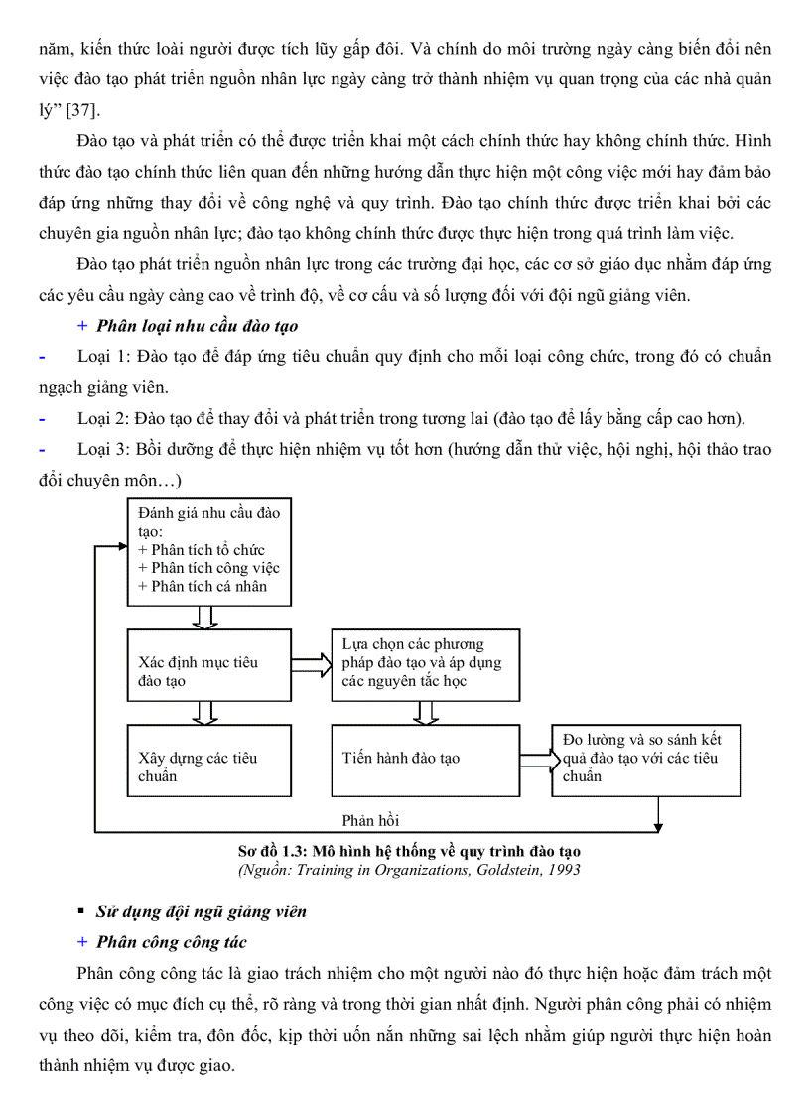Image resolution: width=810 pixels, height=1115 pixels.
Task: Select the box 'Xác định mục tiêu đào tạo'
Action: coord(208,664)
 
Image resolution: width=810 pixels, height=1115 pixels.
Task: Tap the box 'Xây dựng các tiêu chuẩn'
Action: coord(208,761)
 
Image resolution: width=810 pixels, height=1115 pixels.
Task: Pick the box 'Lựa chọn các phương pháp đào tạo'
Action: coord(424,664)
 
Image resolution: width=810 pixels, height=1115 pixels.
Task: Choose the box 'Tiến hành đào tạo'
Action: coord(424,760)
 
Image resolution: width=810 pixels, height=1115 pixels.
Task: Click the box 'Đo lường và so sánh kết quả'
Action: coord(645,760)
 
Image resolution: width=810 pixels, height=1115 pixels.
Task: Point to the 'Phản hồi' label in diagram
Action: coord(370,821)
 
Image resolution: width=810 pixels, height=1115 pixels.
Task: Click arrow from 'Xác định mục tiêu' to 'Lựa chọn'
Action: coord(311,663)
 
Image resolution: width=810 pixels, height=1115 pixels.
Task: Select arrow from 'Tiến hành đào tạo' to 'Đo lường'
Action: coord(536,760)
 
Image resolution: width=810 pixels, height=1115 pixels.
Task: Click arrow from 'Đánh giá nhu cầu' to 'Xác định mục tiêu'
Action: coord(205,617)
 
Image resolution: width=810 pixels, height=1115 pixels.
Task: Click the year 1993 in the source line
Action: coord(563,870)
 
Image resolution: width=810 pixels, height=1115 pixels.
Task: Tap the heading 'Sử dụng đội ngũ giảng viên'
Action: coord(202,911)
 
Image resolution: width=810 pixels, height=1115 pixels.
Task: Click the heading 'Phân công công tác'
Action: coord(171,942)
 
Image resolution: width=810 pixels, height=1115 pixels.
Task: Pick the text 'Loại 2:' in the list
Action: coord(102,418)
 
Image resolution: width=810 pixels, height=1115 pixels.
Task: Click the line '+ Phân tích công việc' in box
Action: coord(209,568)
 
